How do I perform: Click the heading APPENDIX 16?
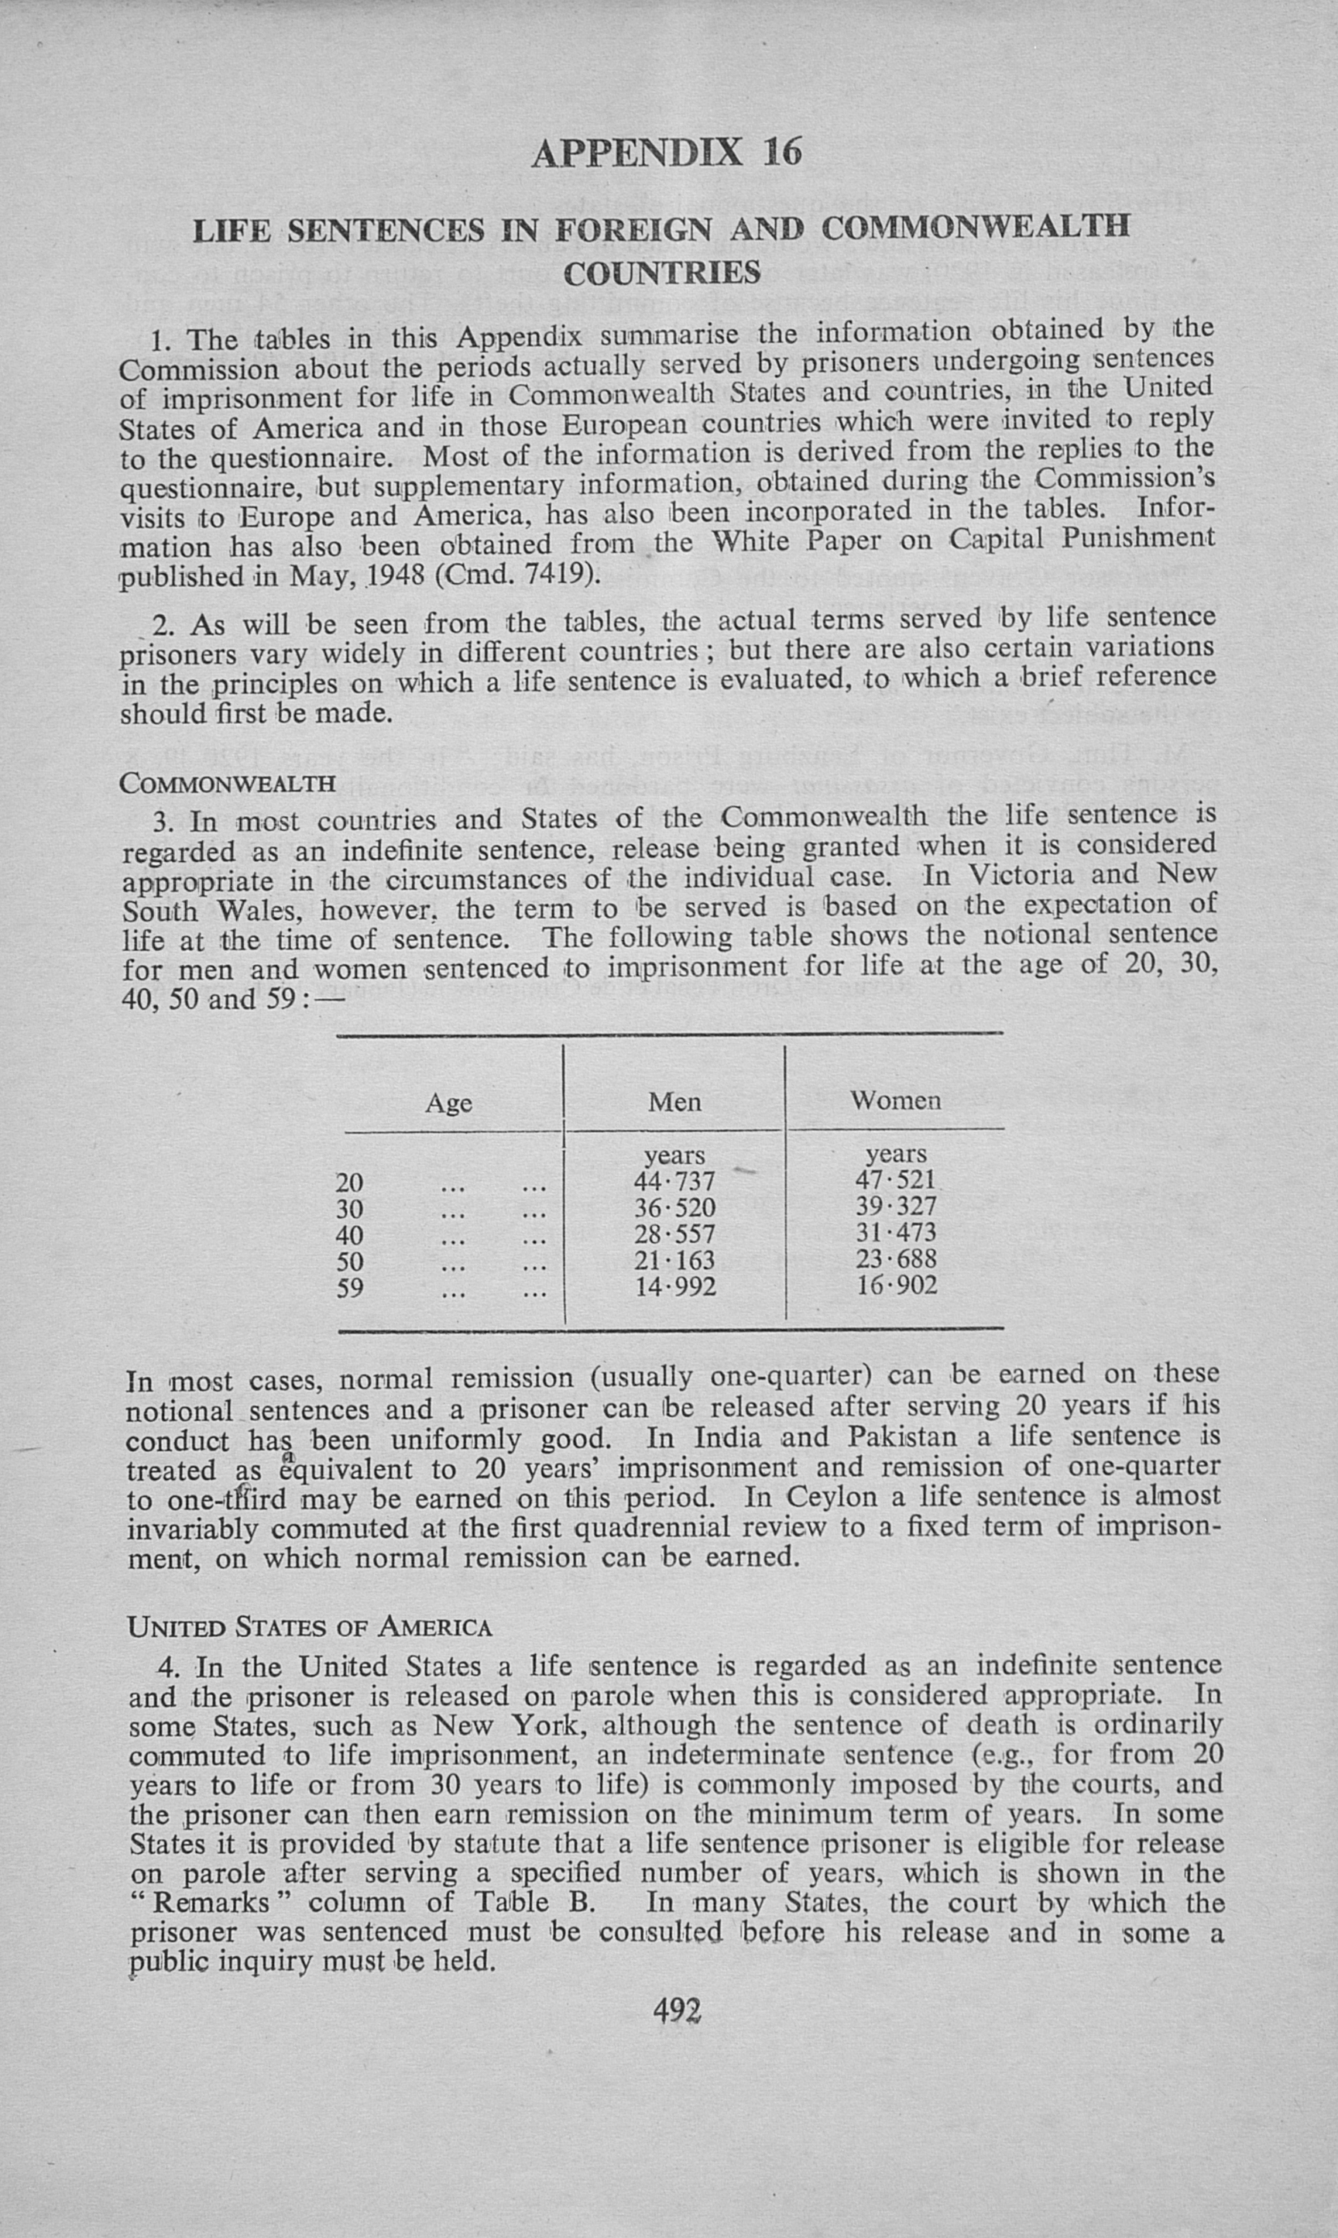click(x=667, y=153)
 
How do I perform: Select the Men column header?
click(x=674, y=1102)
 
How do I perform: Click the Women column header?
click(x=895, y=1100)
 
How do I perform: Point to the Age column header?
click(x=448, y=1103)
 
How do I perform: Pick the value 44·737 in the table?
click(x=674, y=1180)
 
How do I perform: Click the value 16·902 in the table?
click(x=896, y=1284)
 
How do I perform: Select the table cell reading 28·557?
click(x=674, y=1234)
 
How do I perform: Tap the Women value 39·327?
click(x=896, y=1206)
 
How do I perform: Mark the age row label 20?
click(x=350, y=1183)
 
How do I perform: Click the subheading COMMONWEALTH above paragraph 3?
click(x=227, y=783)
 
